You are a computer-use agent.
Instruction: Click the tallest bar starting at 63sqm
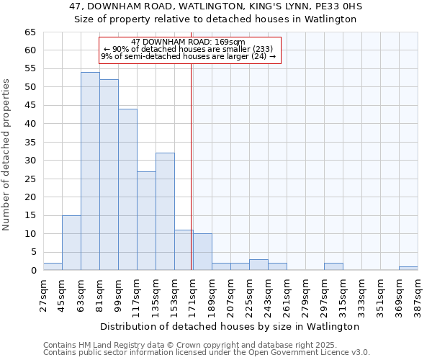[90, 171]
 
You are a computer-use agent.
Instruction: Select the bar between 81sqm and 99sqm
[109, 175]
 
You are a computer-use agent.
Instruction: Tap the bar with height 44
[127, 189]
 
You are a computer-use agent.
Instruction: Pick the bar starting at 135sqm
[165, 212]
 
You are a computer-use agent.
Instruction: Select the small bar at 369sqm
[408, 268]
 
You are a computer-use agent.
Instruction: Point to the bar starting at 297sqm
[333, 266]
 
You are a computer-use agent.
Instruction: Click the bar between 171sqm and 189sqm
[202, 252]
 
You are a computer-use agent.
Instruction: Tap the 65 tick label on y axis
[30, 32]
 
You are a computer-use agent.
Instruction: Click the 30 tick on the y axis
[30, 161]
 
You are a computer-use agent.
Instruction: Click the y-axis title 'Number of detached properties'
[7, 155]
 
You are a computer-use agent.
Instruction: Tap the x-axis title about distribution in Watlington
[230, 326]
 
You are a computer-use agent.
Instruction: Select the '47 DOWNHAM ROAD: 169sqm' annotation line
[189, 42]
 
